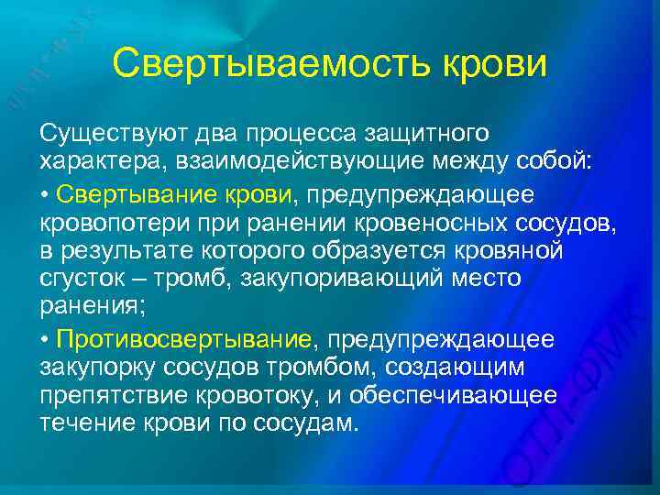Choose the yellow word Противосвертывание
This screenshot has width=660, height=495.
pyautogui.click(x=183, y=340)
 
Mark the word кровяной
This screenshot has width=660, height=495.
pyautogui.click(x=517, y=251)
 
